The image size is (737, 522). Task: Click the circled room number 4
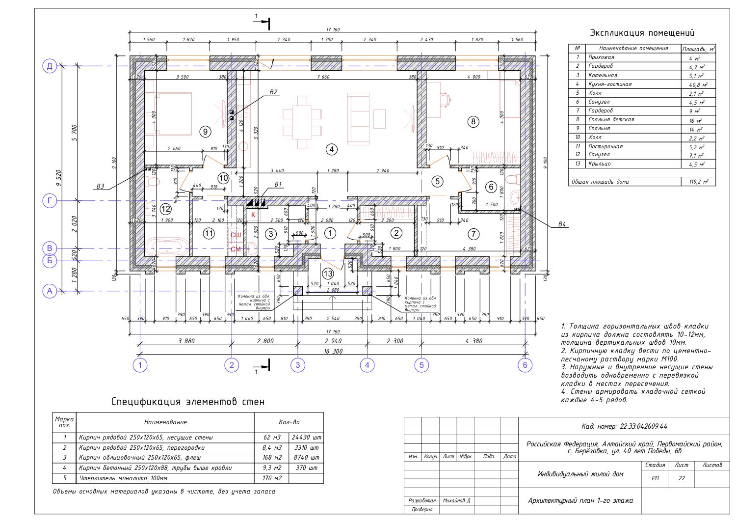332,149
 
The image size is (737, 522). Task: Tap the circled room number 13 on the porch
328,274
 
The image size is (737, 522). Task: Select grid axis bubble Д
50,66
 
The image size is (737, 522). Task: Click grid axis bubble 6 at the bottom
525,365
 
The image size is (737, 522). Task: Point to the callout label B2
273,92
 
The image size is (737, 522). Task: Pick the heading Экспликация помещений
642,33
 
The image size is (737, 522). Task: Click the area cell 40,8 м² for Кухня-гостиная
697,84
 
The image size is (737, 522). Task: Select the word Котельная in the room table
603,76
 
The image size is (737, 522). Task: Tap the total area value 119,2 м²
698,182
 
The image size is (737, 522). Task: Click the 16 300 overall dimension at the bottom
333,351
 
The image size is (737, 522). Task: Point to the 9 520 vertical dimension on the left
59,179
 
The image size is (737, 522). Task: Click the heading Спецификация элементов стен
188,402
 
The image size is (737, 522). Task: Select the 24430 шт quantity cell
306,437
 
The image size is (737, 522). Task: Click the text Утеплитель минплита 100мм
123,478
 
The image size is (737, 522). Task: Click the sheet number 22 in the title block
681,478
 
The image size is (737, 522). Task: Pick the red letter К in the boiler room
254,215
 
